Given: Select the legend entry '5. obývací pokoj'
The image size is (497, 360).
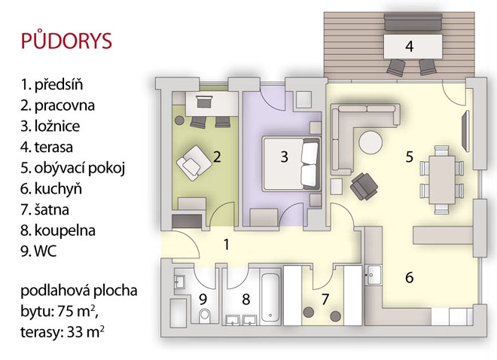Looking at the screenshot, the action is point(72,168).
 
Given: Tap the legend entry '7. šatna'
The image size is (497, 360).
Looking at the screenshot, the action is point(44,210).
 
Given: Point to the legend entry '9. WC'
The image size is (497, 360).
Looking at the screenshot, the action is point(38,252).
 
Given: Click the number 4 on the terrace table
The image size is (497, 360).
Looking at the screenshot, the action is point(409,47).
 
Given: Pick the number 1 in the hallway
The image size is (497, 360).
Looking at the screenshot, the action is point(227,245).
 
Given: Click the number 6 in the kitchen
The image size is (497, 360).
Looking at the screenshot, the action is point(409,277).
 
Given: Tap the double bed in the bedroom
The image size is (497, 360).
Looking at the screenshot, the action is point(292,163).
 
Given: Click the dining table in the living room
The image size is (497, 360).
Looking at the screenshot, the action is point(442,179).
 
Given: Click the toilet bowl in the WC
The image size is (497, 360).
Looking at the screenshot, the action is point(205,315).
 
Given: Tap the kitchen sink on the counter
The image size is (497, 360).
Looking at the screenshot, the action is point(374,275).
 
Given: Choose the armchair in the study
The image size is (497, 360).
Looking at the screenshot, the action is point(194,163).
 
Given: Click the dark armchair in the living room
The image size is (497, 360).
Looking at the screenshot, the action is point(364,187).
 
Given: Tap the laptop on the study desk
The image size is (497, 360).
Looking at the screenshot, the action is point(203,102).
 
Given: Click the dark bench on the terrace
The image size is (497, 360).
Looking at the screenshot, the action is point(413,23).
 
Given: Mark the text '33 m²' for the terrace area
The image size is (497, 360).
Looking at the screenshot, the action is point(86,332).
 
